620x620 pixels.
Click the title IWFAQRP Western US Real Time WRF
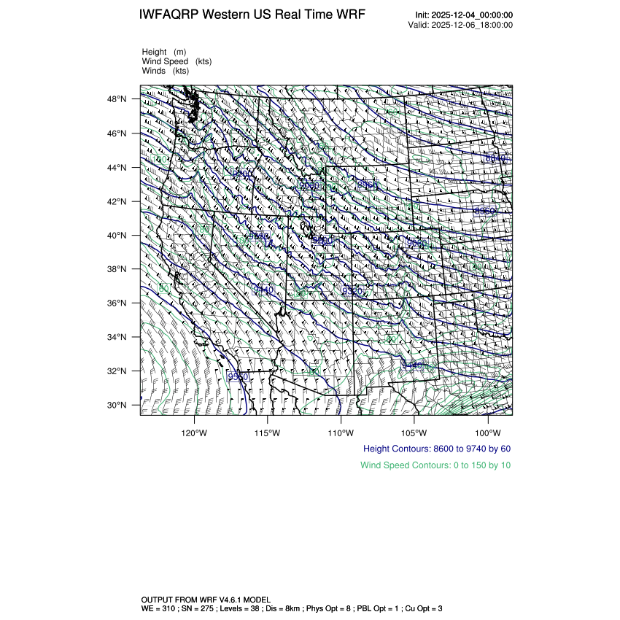point(252,15)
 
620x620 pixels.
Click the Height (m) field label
point(164,52)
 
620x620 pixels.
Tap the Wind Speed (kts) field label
point(177,61)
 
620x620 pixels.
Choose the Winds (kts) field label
point(166,71)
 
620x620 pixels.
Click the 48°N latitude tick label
point(118,99)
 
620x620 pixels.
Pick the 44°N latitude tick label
point(118,168)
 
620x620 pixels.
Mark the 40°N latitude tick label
point(118,236)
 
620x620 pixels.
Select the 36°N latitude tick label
point(118,303)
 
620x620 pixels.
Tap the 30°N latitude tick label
point(118,405)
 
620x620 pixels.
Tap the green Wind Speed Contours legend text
point(435,465)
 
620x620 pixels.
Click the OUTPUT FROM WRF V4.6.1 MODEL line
point(206,599)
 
